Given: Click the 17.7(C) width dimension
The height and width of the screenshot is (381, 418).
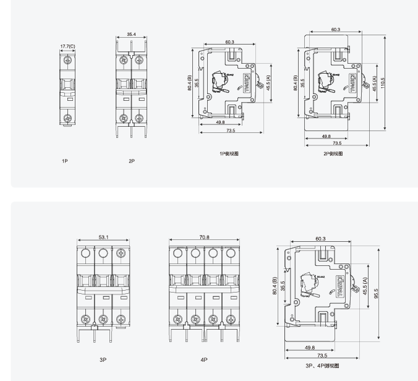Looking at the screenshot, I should click(68, 46).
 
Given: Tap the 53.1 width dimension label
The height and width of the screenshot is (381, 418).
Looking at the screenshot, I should click(103, 236).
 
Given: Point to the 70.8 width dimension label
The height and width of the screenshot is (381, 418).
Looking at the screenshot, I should click(205, 236).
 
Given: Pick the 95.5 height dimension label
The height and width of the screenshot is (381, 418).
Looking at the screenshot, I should click(375, 293).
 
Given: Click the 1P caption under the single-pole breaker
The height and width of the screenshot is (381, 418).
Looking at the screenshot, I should click(64, 161).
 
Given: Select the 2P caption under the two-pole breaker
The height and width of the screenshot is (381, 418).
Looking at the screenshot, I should click(132, 161).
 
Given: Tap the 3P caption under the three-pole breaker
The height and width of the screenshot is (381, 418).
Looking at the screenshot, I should click(103, 359).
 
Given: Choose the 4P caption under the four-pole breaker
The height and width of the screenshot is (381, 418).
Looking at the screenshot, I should click(203, 359).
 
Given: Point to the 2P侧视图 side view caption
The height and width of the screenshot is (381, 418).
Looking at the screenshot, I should click(333, 153).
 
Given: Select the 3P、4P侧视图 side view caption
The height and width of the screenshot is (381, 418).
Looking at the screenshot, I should click(322, 366).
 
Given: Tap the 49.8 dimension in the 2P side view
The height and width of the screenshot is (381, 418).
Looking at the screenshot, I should click(326, 135).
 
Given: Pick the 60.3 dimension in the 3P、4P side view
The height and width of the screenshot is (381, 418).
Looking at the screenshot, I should click(320, 238).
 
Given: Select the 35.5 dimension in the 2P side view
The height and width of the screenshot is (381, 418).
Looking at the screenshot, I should click(302, 82).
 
